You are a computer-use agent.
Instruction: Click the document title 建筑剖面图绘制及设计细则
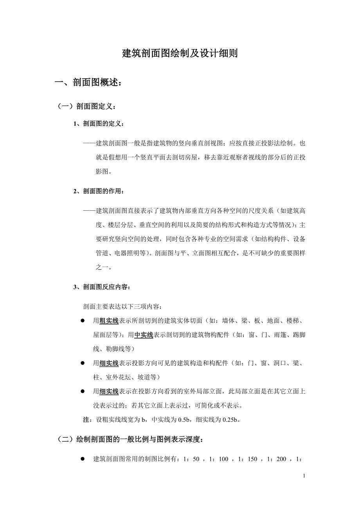180,54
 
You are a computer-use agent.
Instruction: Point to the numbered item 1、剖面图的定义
99,124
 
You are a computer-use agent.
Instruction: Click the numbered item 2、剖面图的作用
99,192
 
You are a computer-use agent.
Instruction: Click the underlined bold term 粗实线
109,321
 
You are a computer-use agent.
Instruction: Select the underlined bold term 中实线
144,335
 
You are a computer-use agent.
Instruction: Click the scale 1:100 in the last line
220,459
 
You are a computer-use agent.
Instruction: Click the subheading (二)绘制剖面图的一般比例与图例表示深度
130,439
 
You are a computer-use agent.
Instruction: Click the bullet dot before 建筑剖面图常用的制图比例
83,459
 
